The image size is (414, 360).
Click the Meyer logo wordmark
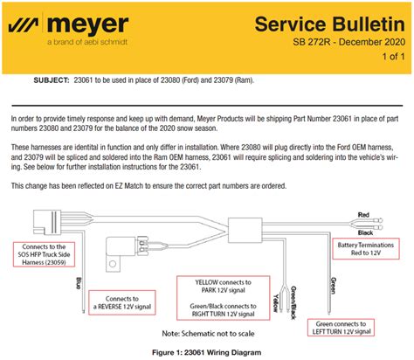pyautogui.click(x=87, y=24)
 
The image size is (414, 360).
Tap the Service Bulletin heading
pyautogui.click(x=329, y=24)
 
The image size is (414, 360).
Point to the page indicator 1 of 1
pyautogui.click(x=393, y=56)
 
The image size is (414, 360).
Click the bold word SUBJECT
pyautogui.click(x=52, y=80)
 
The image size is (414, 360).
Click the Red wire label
pyautogui.click(x=363, y=215)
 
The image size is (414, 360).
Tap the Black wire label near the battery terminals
pyautogui.click(x=365, y=232)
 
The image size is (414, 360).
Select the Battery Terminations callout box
pyautogui.click(x=366, y=249)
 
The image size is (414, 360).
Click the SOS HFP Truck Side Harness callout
pyautogui.click(x=44, y=254)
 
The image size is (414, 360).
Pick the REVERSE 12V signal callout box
pyautogui.click(x=122, y=302)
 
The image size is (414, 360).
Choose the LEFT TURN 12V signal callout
pyautogui.click(x=341, y=328)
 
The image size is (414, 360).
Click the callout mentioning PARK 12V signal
pyautogui.click(x=224, y=298)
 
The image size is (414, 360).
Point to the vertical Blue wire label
pyautogui.click(x=79, y=283)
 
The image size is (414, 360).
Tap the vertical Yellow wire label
pyautogui.click(x=276, y=303)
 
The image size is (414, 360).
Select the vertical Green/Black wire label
pyautogui.click(x=293, y=302)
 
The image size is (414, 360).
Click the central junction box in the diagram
pyautogui.click(x=245, y=230)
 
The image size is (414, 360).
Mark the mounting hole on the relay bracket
pyautogui.click(x=113, y=264)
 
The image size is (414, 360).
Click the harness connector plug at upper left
pyautogui.click(x=47, y=222)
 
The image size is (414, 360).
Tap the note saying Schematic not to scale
pyautogui.click(x=208, y=334)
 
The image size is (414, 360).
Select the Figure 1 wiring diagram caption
pyautogui.click(x=206, y=353)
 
